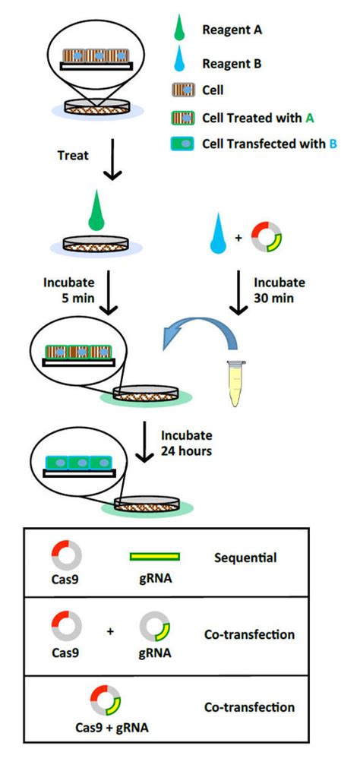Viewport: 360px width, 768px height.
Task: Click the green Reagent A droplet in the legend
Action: (179, 30)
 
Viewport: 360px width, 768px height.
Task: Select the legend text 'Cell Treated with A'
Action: (247, 118)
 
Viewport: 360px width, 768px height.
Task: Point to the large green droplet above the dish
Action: (96, 213)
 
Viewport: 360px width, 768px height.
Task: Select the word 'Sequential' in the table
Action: (246, 558)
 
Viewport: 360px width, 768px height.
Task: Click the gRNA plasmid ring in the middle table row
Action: (155, 627)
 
